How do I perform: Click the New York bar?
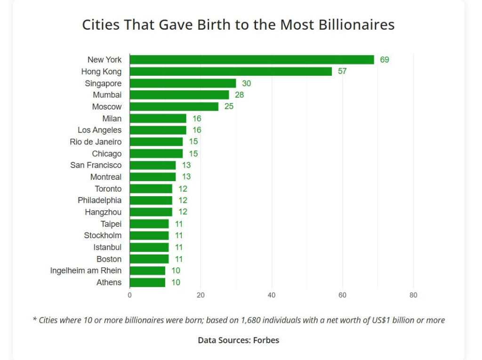point(251,60)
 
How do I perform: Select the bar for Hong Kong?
point(231,72)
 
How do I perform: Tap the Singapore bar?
point(183,83)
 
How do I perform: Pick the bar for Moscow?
point(174,106)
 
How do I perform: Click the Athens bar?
point(147,282)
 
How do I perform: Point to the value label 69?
point(385,60)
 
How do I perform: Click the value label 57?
point(342,72)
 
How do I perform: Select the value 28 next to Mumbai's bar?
point(239,95)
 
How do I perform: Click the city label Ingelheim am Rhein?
point(86,271)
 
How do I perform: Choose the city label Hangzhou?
point(103,212)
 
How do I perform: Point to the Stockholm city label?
point(103,235)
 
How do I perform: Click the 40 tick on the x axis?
point(272,296)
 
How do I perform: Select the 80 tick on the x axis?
point(413,296)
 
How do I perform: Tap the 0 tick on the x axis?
point(129,296)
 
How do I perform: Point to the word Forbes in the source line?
point(267,340)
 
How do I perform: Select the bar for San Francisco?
point(153,165)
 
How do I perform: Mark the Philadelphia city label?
point(99,200)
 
